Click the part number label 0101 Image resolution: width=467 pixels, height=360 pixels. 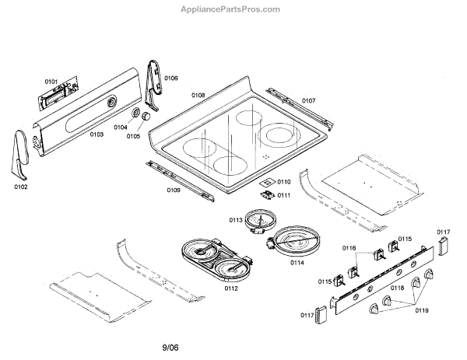51,81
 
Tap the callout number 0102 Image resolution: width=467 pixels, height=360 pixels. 20,187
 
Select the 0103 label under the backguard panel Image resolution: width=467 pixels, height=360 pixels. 97,135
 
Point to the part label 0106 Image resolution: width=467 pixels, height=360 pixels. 171,78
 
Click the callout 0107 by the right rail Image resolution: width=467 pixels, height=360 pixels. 308,100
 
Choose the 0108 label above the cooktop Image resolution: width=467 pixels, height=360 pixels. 198,95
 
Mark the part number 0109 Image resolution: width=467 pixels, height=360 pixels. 174,190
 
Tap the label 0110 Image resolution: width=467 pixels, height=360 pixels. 283,181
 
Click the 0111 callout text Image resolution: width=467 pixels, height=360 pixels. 283,195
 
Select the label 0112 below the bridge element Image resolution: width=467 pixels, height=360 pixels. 230,288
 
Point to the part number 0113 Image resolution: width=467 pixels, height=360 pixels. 237,220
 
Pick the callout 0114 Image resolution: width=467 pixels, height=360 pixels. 297,262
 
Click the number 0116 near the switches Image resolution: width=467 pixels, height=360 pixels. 348,248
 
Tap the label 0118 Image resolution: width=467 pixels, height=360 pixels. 397,288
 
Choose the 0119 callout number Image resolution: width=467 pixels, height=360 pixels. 421,310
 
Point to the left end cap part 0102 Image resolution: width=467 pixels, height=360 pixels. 19,156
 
